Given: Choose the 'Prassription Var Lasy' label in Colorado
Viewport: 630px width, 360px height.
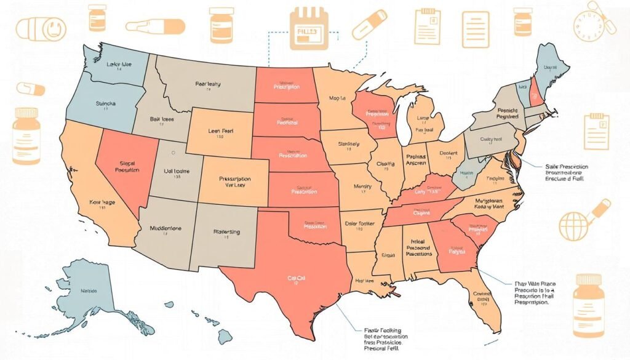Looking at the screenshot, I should pyautogui.click(x=236, y=183).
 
